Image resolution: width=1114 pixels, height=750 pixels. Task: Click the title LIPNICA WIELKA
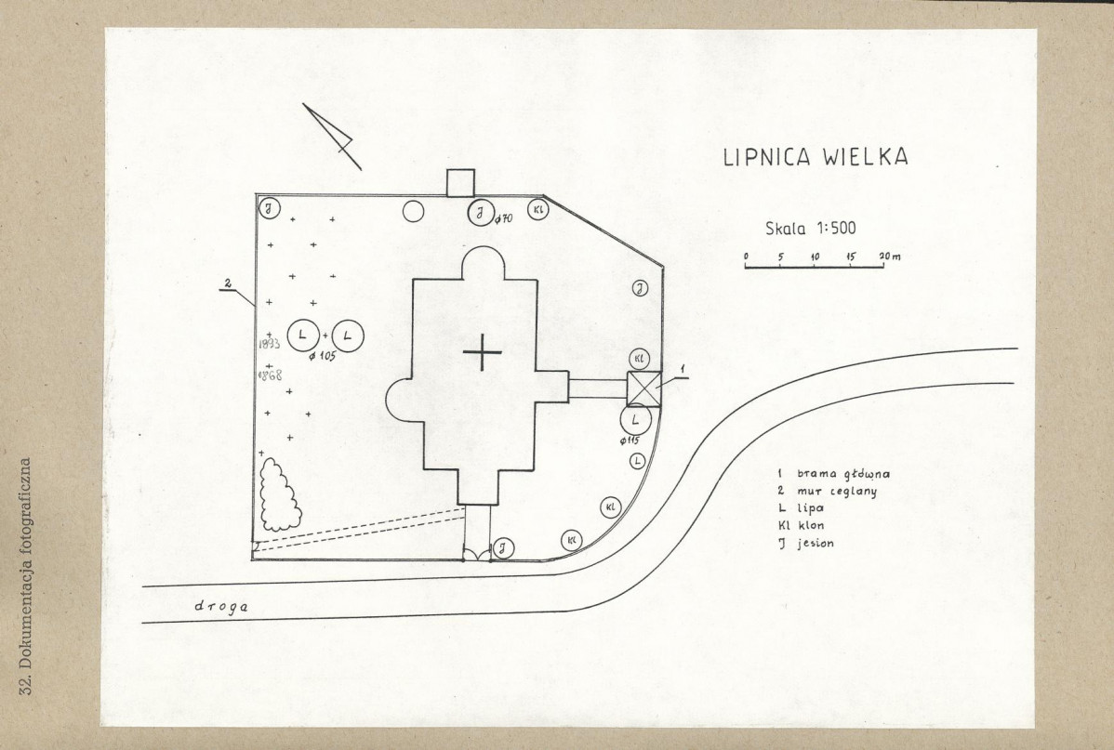coord(816,157)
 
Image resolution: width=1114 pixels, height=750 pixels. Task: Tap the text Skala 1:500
coord(811,228)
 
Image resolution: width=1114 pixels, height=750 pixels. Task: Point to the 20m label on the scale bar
coord(890,257)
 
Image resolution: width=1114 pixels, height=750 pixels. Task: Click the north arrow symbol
coord(332,137)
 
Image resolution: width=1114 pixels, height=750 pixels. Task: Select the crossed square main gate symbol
coord(644,388)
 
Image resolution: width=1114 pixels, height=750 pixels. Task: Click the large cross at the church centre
coord(483,351)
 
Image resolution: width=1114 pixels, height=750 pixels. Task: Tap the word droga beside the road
coord(221,607)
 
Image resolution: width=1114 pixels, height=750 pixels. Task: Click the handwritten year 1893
coord(269,344)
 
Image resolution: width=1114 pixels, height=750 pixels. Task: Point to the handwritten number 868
coord(271,375)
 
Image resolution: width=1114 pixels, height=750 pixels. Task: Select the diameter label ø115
coord(630,441)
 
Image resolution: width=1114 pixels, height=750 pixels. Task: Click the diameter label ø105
coord(322,356)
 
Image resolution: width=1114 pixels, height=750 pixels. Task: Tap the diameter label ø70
coord(503,218)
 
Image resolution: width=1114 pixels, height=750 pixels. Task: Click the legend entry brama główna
coord(834,474)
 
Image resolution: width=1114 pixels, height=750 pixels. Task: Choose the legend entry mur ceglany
coord(827,492)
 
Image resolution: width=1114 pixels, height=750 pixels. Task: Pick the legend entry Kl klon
coord(801,526)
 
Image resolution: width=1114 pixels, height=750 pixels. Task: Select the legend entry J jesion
coord(806,544)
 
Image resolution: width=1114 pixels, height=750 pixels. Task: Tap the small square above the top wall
coord(460,182)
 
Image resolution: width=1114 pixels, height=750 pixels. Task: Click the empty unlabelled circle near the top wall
coord(414,212)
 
